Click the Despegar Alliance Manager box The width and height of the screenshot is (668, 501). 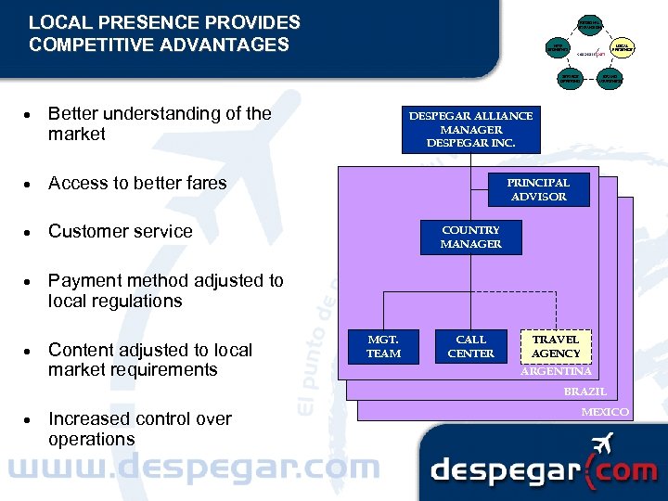(x=470, y=130)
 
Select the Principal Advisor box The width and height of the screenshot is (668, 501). (x=538, y=189)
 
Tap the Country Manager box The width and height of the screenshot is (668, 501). (x=470, y=237)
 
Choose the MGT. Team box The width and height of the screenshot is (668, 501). (x=383, y=346)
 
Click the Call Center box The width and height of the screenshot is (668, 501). (x=470, y=346)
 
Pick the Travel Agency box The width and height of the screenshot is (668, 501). (x=556, y=346)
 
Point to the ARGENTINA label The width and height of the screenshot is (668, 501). (x=556, y=371)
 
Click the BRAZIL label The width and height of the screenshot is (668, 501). (x=584, y=392)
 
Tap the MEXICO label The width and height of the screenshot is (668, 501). (x=605, y=411)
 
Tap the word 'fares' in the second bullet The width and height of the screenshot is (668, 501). (x=206, y=183)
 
